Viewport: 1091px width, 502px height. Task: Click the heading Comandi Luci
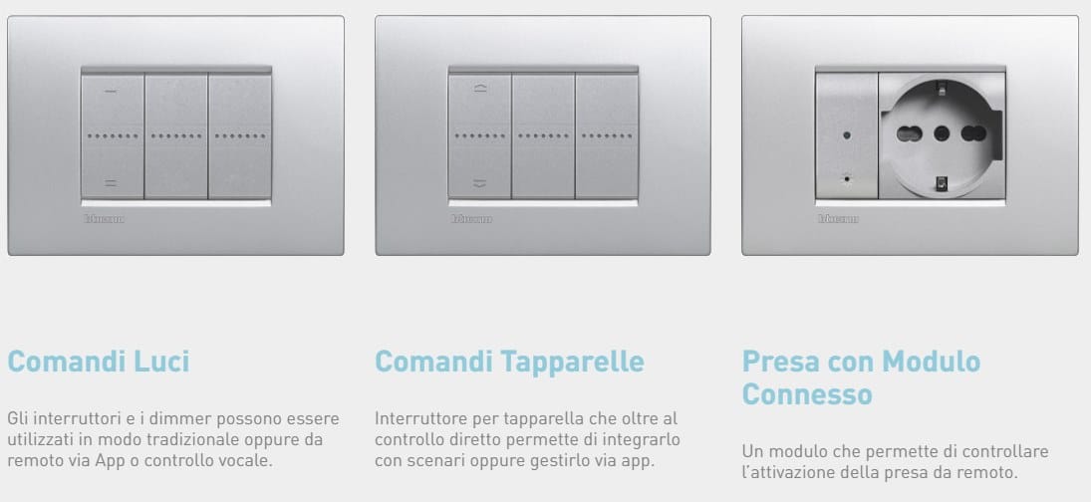pyautogui.click(x=98, y=361)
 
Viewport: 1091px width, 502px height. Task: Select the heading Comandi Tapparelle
pyautogui.click(x=509, y=361)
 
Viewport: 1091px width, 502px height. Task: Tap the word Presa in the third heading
pyautogui.click(x=784, y=361)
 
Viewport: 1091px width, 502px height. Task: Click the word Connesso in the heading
pyautogui.click(x=807, y=394)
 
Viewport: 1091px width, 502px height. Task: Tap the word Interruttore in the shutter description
pyautogui.click(x=418, y=417)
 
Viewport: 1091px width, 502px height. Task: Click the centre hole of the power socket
pyautogui.click(x=941, y=133)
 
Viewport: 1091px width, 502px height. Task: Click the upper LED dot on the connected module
pyautogui.click(x=846, y=133)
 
